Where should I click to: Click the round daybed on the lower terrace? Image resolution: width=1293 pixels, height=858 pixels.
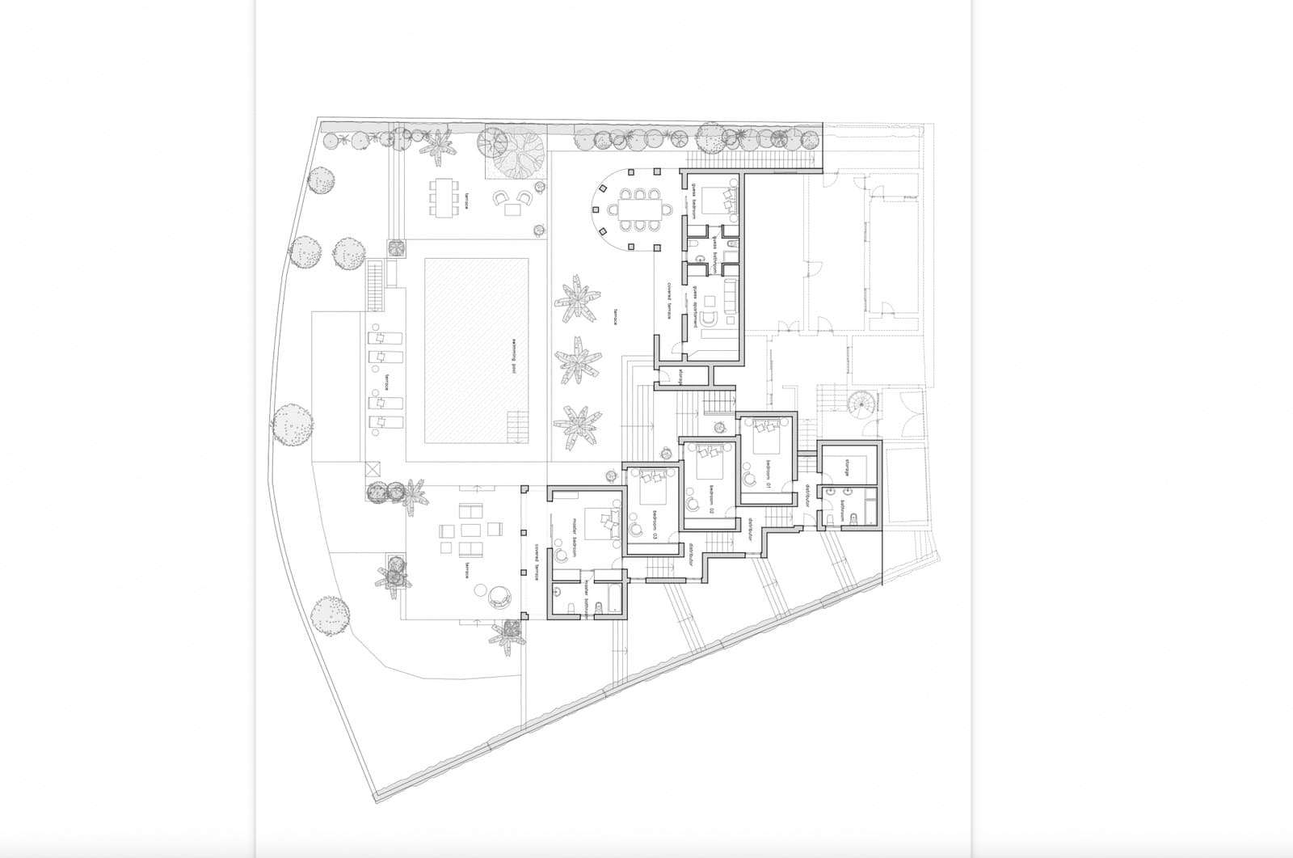[x=499, y=596]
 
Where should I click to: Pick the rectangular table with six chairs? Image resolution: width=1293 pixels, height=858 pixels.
[x=442, y=197]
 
